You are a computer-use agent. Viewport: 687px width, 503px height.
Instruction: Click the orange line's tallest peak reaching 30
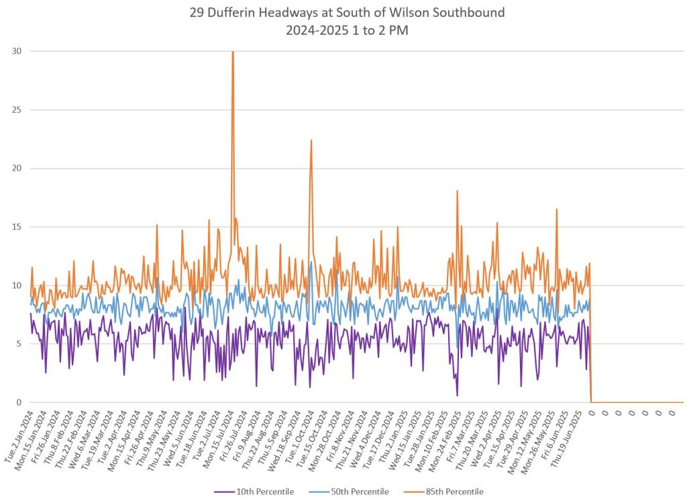pyautogui.click(x=233, y=52)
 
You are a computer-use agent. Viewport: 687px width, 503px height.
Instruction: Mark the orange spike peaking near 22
pyautogui.click(x=311, y=140)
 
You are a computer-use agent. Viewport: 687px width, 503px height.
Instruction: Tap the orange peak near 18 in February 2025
pyautogui.click(x=458, y=191)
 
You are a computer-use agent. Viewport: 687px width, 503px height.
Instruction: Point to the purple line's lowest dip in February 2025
pyautogui.click(x=458, y=396)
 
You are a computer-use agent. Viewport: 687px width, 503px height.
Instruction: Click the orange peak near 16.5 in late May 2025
pyautogui.click(x=556, y=210)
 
